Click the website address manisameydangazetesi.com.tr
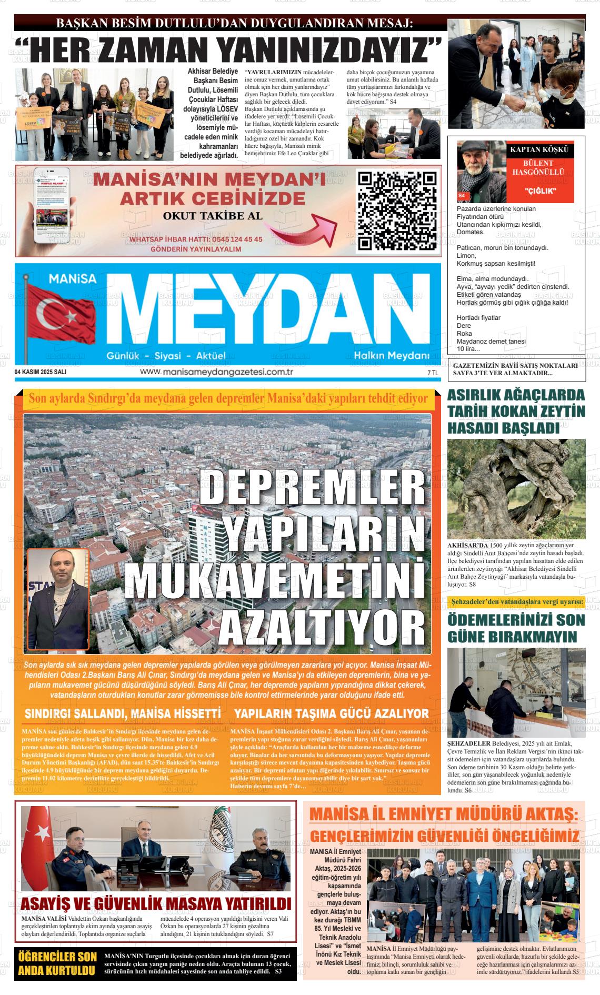216,372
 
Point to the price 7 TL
433,373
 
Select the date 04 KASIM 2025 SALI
41,372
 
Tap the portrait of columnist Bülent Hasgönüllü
481,170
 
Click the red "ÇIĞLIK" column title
541,190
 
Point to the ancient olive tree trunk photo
516,489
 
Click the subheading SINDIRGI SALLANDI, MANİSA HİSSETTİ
123,713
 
